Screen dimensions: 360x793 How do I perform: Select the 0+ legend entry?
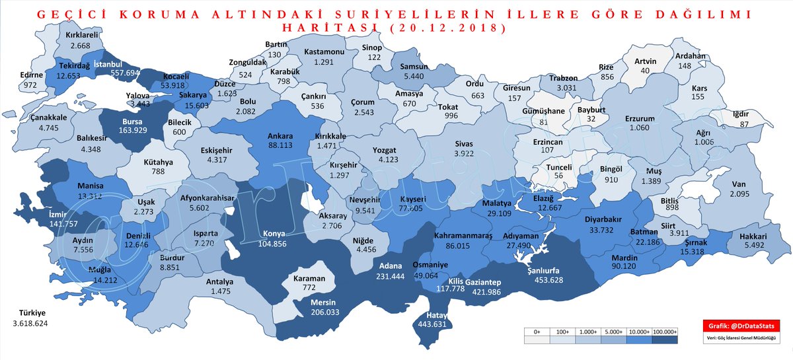(x=536, y=331)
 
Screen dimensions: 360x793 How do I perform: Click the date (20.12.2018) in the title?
(x=449, y=28)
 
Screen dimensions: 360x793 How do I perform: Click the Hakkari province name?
(x=752, y=236)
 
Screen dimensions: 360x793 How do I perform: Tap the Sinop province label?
(x=375, y=48)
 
